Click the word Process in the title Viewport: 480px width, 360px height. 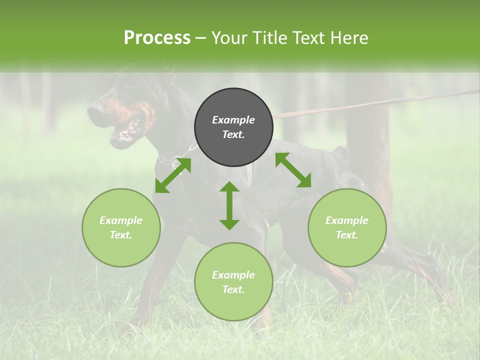(x=157, y=37)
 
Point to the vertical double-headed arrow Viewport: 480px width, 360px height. (x=229, y=205)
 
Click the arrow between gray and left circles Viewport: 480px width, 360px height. (x=173, y=175)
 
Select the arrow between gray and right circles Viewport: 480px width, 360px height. (x=293, y=170)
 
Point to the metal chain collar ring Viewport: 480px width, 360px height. (x=176, y=161)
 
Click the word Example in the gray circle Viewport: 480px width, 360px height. (x=233, y=120)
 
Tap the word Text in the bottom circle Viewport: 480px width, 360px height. (x=233, y=289)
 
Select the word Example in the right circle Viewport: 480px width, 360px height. (x=347, y=220)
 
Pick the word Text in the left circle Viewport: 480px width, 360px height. (x=121, y=235)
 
